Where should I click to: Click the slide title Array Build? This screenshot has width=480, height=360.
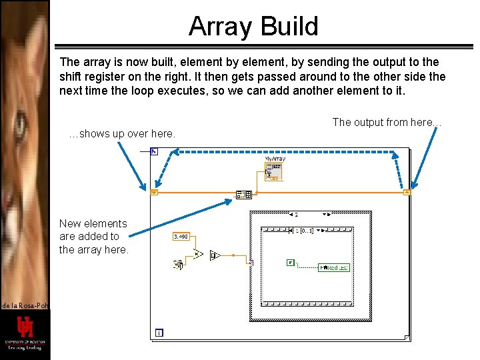(x=253, y=27)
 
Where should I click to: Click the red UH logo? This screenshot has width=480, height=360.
(x=25, y=329)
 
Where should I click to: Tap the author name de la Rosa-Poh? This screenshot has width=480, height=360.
(x=24, y=305)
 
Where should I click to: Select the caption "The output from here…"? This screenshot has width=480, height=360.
(x=387, y=122)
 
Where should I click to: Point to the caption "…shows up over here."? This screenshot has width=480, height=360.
(x=123, y=134)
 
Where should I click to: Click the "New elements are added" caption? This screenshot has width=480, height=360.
(x=93, y=236)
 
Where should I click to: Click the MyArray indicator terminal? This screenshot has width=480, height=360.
(x=273, y=171)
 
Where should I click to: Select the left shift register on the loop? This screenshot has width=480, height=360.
(x=154, y=193)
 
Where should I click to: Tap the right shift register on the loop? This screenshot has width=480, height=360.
(x=407, y=193)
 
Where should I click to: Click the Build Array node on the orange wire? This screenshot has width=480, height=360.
(x=243, y=195)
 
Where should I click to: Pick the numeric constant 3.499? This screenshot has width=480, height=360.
(x=180, y=236)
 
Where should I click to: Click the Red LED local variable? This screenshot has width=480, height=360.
(x=334, y=267)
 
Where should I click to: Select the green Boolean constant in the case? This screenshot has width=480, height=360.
(x=290, y=263)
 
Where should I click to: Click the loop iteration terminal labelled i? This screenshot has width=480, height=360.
(x=159, y=332)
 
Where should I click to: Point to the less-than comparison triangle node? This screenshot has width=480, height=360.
(x=198, y=254)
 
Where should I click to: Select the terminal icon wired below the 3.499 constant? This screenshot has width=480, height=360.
(x=178, y=265)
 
